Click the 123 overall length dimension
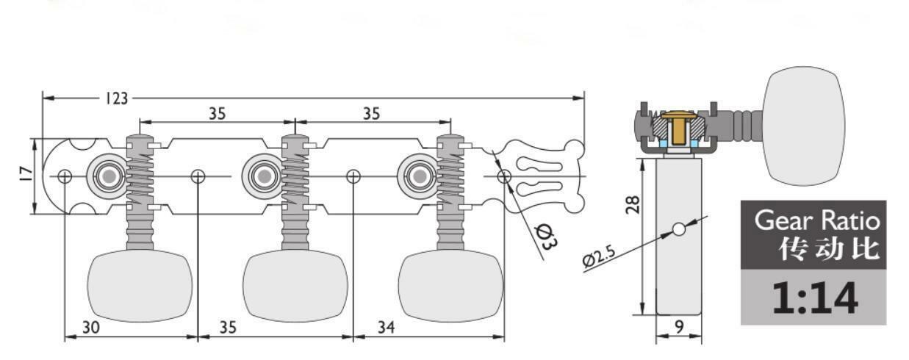pos(117,98)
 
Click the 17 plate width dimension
pos(26,173)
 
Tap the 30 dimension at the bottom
pos(91,327)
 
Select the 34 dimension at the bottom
pos(386,327)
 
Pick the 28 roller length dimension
pos(633,204)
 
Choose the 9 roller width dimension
pos(679,326)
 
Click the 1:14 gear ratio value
pos(815,298)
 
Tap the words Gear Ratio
pos(817,221)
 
